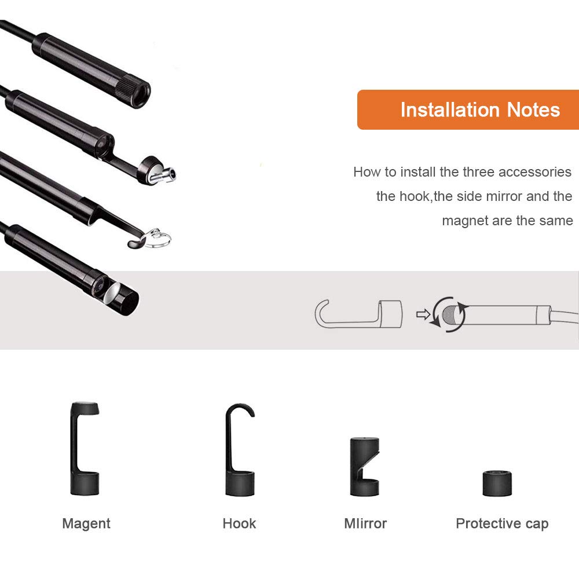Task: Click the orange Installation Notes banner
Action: click(x=468, y=109)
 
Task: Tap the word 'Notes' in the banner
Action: click(x=533, y=110)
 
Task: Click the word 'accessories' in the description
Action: click(x=534, y=172)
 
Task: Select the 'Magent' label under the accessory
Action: click(x=86, y=523)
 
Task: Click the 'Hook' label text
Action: click(x=239, y=523)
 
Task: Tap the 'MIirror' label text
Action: click(x=365, y=523)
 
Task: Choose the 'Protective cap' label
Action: click(x=502, y=523)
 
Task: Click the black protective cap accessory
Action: click(x=497, y=483)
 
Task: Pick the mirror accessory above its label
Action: click(x=364, y=466)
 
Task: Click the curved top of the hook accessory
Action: click(x=240, y=409)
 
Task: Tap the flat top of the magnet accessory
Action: click(x=85, y=408)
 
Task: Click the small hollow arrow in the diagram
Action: click(x=423, y=314)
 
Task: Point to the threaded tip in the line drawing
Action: click(x=449, y=314)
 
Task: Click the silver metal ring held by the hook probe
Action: click(x=158, y=238)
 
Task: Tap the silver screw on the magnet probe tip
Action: click(x=164, y=175)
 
